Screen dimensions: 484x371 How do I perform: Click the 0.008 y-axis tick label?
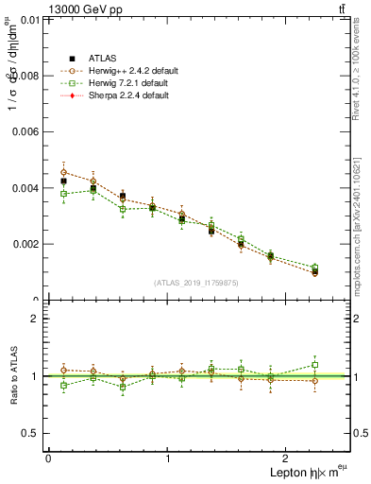[x=25, y=76]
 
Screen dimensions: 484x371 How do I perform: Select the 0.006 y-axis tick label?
[x=25, y=131]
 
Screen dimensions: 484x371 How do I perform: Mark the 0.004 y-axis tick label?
[x=25, y=188]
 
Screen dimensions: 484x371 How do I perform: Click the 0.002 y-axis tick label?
[x=25, y=244]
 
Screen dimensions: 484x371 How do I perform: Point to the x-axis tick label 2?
[x=289, y=458]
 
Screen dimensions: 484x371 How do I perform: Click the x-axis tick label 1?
[x=168, y=458]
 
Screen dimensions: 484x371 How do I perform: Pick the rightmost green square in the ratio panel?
[x=314, y=365]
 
